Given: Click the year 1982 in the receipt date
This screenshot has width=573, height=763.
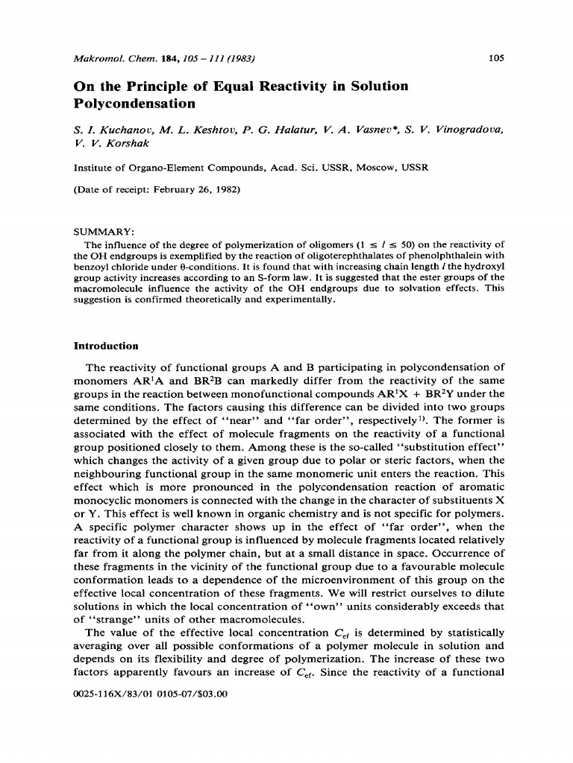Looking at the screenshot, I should [225, 189].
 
